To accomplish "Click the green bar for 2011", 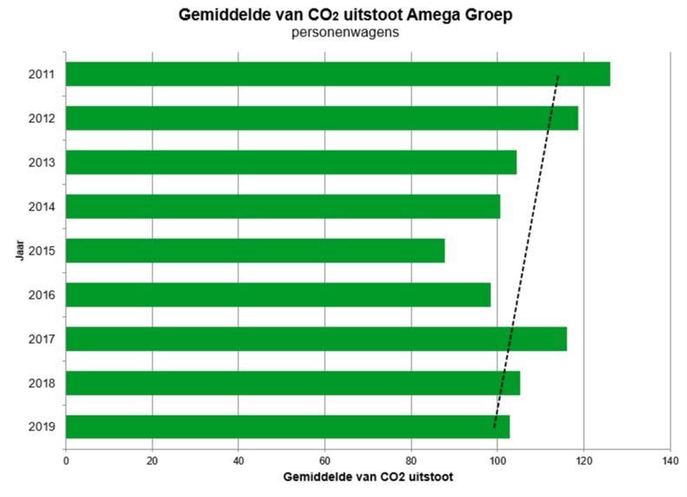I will point(338,74).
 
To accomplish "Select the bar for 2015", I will point(256,250).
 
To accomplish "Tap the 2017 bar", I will point(316,339).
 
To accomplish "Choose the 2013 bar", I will point(291,162).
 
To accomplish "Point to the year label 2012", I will point(42,118).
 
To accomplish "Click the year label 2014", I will point(42,206).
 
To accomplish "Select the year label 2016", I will point(42,294).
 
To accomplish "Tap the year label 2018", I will point(42,383).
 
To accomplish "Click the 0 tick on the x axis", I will point(66,460).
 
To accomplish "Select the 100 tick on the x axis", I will point(497,460).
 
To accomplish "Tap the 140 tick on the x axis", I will point(670,460).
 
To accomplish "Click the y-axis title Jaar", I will point(18,251).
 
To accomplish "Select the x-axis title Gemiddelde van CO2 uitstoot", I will point(367,476).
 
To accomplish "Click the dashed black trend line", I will point(526,251).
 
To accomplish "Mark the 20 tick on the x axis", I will point(152,460).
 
